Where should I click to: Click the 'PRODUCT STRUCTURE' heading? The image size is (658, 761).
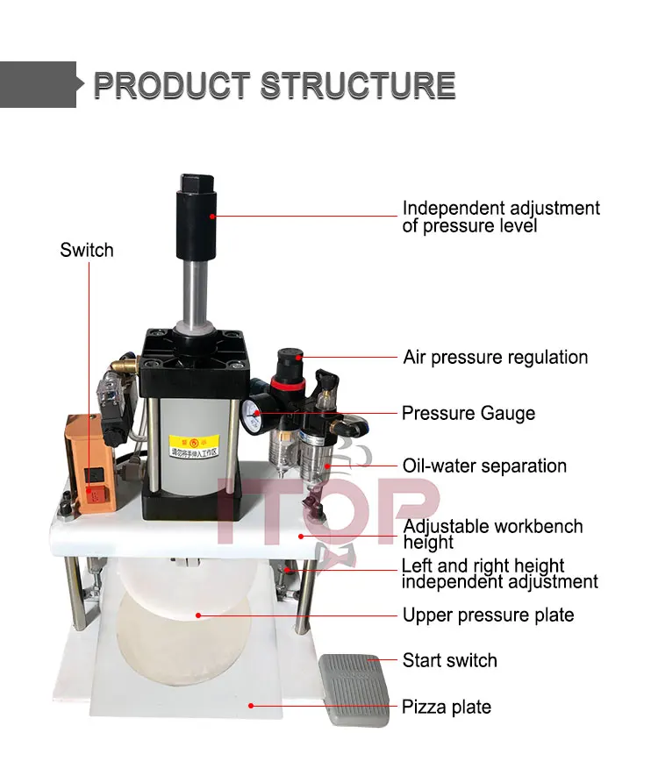[x=274, y=86]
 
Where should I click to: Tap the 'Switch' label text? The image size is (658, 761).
[x=87, y=251]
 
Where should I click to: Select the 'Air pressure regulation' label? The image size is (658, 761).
[x=495, y=358]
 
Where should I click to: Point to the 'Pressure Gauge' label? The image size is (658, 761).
[x=468, y=413]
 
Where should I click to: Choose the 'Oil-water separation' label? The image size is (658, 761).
[x=484, y=466]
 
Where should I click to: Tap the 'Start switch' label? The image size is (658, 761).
[x=449, y=660]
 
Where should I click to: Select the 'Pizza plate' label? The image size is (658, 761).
[x=446, y=707]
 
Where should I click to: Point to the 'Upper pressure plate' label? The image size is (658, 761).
[x=488, y=615]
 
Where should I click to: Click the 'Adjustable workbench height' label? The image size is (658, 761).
[x=492, y=534]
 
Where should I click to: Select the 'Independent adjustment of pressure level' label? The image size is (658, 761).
[x=501, y=217]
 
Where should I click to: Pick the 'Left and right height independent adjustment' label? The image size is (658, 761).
[x=499, y=573]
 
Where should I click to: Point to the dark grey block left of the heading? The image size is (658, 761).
[x=38, y=85]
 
